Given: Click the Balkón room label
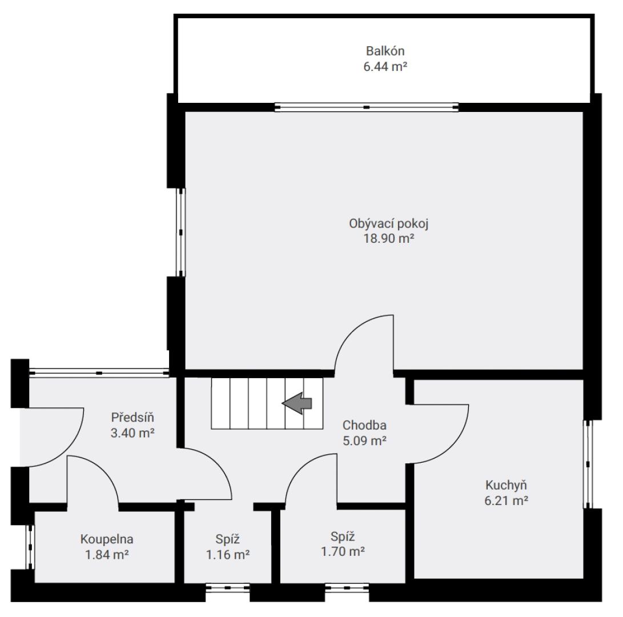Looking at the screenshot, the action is [385, 51].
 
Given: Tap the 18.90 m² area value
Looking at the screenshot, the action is [389, 238].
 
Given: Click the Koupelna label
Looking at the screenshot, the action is [106, 539].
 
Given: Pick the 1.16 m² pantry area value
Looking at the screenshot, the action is [228, 554].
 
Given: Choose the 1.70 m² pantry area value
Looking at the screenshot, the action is [343, 551].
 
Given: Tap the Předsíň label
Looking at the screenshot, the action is [132, 417].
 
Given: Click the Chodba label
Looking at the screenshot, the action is [364, 425].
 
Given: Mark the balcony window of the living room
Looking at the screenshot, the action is [367, 107].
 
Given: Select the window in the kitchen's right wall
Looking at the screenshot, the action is [588, 464].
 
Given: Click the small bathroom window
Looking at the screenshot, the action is [30, 547].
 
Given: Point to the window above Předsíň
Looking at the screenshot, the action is [99, 373].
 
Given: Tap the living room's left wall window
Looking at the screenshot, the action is [181, 232].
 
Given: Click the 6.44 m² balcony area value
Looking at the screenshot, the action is [385, 66].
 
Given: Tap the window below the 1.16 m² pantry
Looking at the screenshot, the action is [228, 587].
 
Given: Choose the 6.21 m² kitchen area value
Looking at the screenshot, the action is [506, 500].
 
